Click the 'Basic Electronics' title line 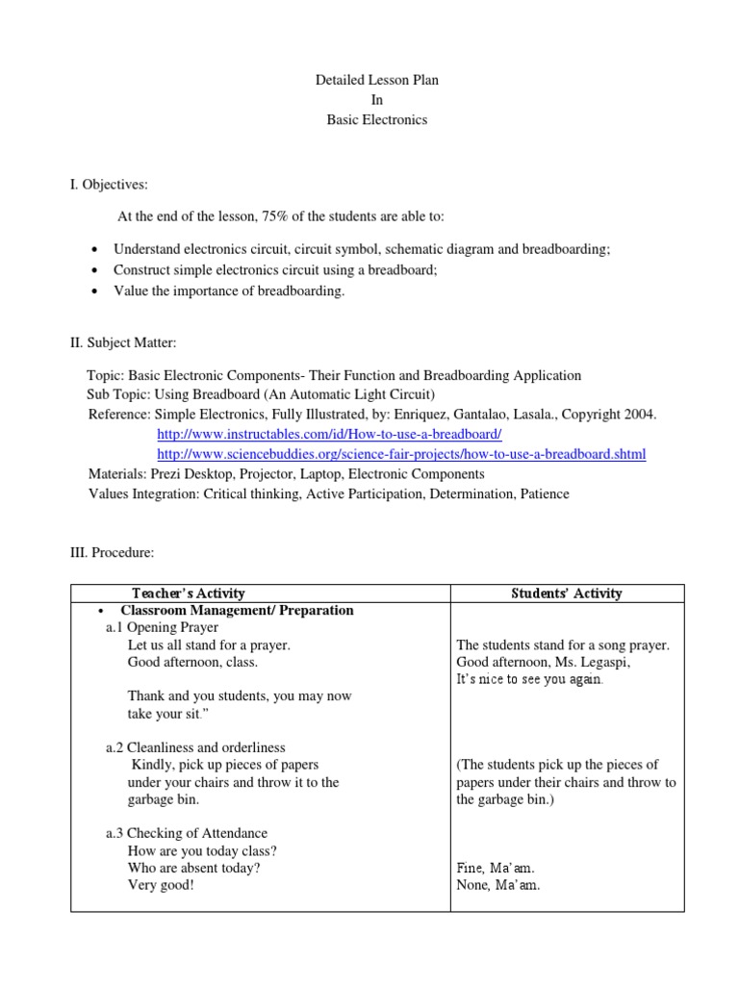pyautogui.click(x=370, y=120)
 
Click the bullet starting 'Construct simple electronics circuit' pyautogui.click(x=275, y=269)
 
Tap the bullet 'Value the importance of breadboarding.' pyautogui.click(x=228, y=290)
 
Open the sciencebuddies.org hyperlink pyautogui.click(x=400, y=454)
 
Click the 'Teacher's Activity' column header pyautogui.click(x=189, y=594)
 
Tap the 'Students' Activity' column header pyautogui.click(x=567, y=594)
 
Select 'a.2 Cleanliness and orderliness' pyautogui.click(x=195, y=747)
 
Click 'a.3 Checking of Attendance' pyautogui.click(x=187, y=833)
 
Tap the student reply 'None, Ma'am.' pyautogui.click(x=498, y=886)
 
